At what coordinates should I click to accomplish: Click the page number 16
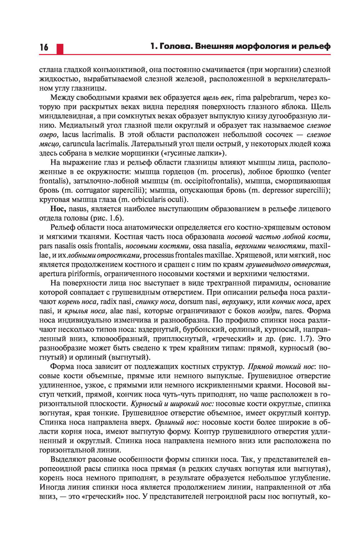(44, 48)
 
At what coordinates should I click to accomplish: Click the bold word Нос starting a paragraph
(58, 209)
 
